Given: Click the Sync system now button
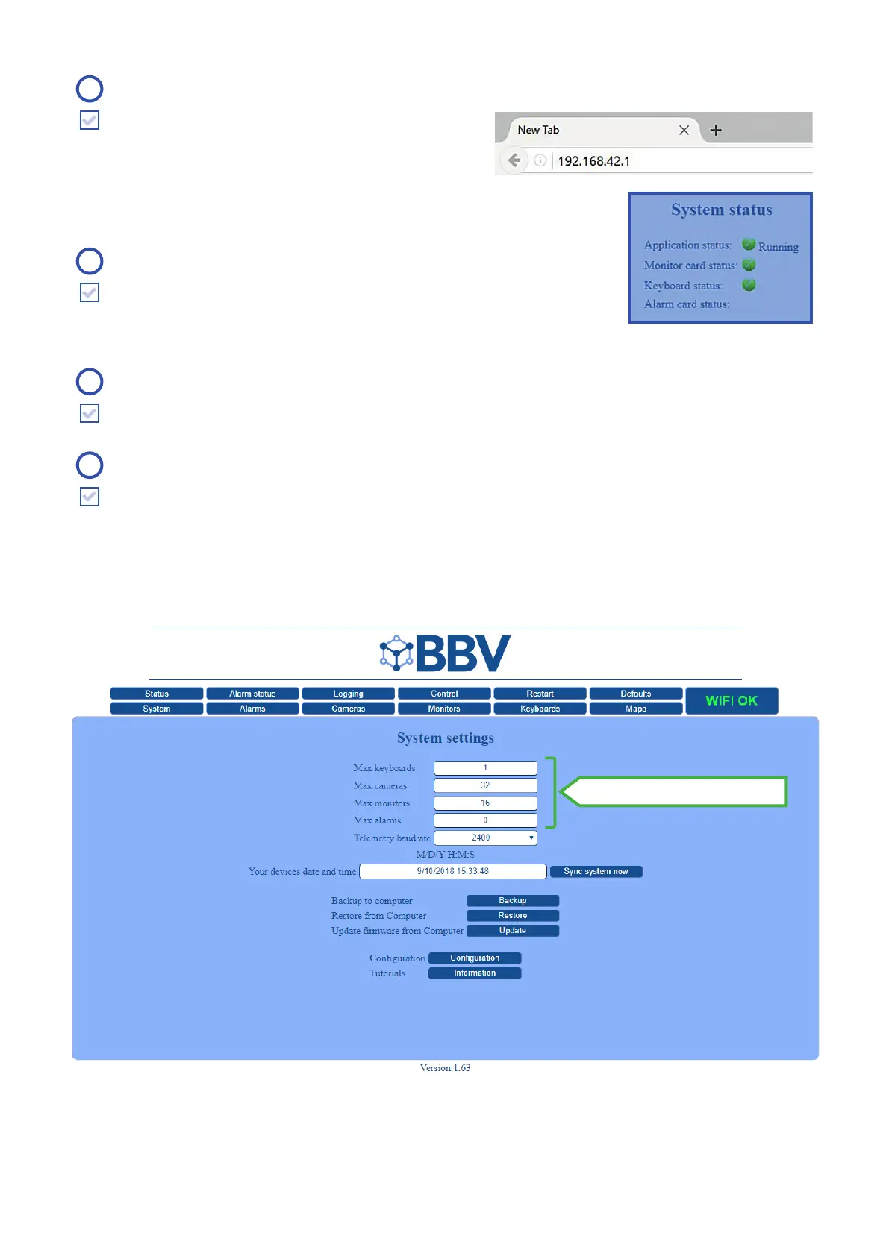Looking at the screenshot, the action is click(596, 871).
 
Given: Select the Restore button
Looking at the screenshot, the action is click(512, 916).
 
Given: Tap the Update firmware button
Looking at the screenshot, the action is click(512, 931).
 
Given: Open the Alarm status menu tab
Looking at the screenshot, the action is click(252, 694).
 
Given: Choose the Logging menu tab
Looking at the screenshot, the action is click(348, 694).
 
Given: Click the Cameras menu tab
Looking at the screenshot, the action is click(348, 709).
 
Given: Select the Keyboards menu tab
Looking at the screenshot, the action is click(540, 709).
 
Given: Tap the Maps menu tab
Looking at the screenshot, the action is click(636, 709).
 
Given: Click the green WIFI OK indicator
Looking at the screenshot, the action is click(732, 701).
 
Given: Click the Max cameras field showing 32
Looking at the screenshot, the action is click(485, 785).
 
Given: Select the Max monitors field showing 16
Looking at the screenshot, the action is click(485, 803).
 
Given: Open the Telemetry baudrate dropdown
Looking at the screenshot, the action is click(485, 838).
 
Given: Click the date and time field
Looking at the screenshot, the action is click(452, 871).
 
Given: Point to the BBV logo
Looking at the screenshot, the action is click(446, 653).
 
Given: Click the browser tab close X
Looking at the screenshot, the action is click(684, 130).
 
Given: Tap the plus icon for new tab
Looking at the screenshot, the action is click(716, 130).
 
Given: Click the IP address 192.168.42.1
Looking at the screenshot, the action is click(594, 161).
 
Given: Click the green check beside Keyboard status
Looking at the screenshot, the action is click(749, 285).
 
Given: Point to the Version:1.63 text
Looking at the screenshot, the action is click(445, 1068).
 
